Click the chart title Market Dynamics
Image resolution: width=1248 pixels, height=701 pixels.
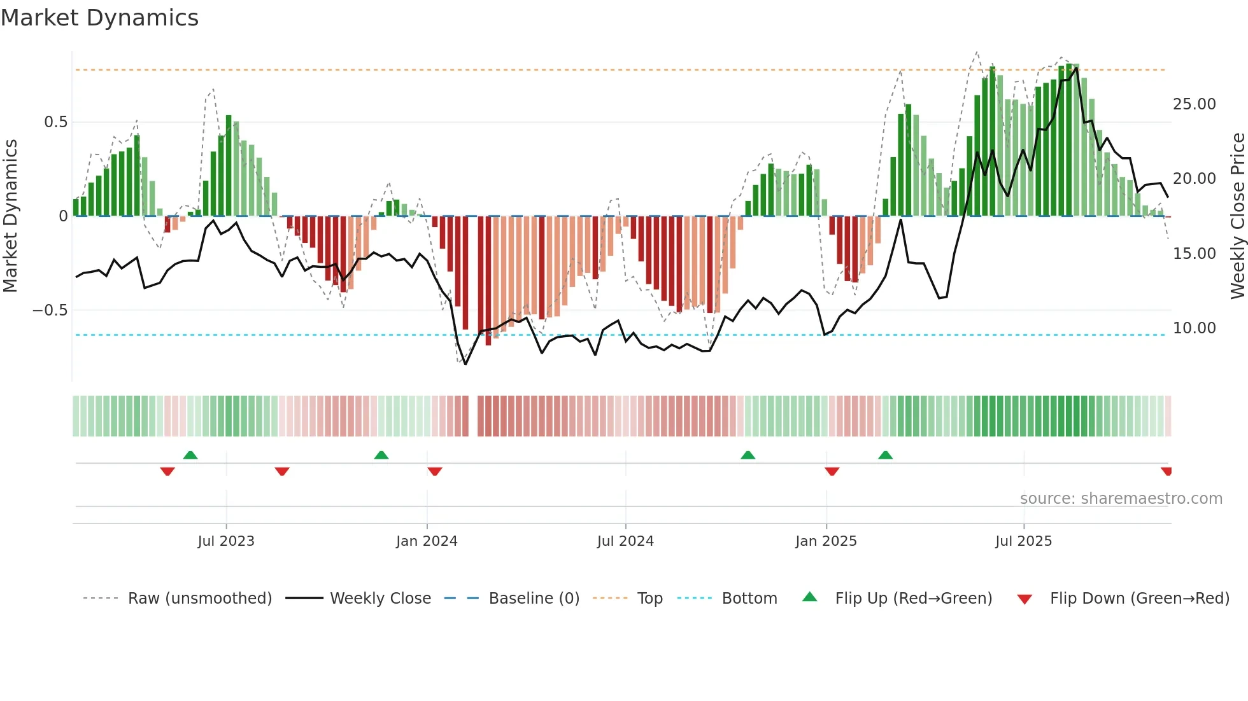tap(99, 18)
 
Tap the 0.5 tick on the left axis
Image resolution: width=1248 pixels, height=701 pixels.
tap(55, 122)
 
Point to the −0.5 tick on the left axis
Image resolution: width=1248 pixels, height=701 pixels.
tap(50, 310)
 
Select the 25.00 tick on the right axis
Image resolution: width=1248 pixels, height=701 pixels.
tap(1194, 104)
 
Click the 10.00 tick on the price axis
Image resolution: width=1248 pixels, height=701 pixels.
tap(1194, 328)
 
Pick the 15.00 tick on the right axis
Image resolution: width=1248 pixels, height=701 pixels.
tap(1194, 254)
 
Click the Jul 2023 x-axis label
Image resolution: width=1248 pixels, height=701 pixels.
tap(226, 541)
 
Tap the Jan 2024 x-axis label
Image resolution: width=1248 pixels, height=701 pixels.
tap(427, 541)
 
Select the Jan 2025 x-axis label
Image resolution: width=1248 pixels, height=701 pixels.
tap(826, 541)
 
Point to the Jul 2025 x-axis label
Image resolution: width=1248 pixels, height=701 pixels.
tap(1023, 541)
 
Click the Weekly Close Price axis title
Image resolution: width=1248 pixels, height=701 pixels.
tap(1237, 216)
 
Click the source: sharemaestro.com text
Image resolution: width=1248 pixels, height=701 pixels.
tap(1121, 499)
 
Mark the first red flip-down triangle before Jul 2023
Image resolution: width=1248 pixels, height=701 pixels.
tap(167, 471)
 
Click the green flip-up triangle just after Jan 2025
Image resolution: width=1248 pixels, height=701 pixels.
tap(885, 455)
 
